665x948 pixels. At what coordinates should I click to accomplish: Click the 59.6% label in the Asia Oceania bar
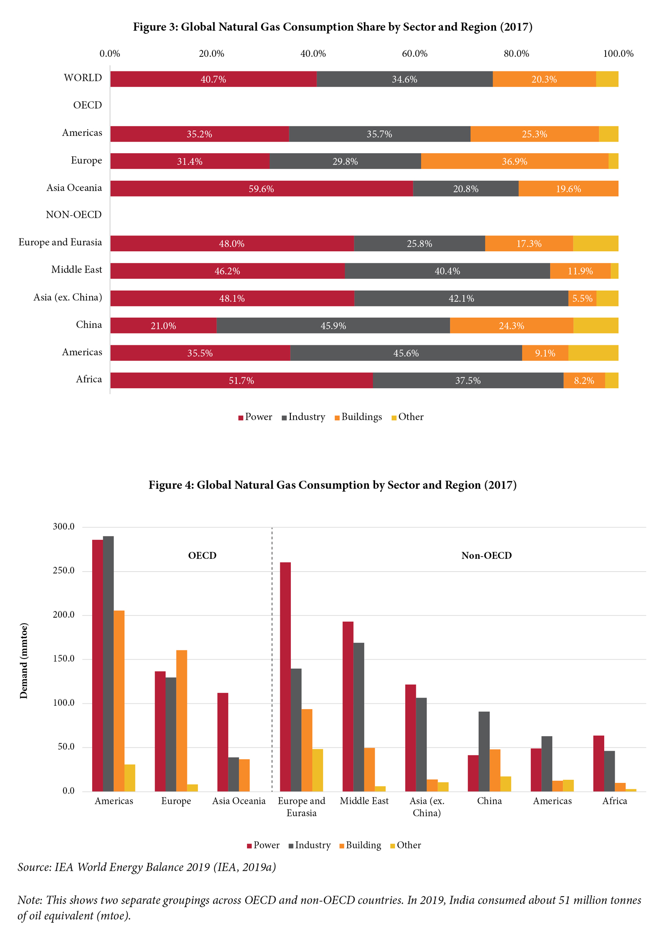pyautogui.click(x=261, y=189)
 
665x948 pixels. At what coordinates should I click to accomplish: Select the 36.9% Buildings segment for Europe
pyautogui.click(x=514, y=162)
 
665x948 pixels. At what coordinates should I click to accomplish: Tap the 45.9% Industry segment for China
pyautogui.click(x=333, y=326)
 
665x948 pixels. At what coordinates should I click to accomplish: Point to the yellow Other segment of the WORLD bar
pyautogui.click(x=607, y=79)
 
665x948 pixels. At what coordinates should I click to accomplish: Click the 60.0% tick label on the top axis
pyautogui.click(x=415, y=54)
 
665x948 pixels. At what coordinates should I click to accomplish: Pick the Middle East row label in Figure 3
pyautogui.click(x=76, y=270)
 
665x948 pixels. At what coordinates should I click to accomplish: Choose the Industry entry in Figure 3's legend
pyautogui.click(x=303, y=417)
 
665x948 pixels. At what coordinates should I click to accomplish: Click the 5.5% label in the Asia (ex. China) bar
pyautogui.click(x=582, y=299)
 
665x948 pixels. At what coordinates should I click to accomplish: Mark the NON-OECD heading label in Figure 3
pyautogui.click(x=74, y=215)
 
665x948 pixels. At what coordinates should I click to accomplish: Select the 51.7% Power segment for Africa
pyautogui.click(x=241, y=381)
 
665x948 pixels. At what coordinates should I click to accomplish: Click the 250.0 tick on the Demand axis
pyautogui.click(x=64, y=571)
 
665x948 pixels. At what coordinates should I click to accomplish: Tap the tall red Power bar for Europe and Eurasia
pyautogui.click(x=286, y=676)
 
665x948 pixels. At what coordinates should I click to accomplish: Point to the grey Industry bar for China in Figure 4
pyautogui.click(x=484, y=751)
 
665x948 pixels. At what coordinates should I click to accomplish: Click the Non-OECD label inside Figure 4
pyautogui.click(x=486, y=556)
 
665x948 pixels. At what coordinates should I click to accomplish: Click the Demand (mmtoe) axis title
pyautogui.click(x=24, y=661)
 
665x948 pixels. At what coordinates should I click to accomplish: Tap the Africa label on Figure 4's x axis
pyautogui.click(x=614, y=801)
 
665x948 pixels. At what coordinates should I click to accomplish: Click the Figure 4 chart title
pyautogui.click(x=332, y=485)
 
